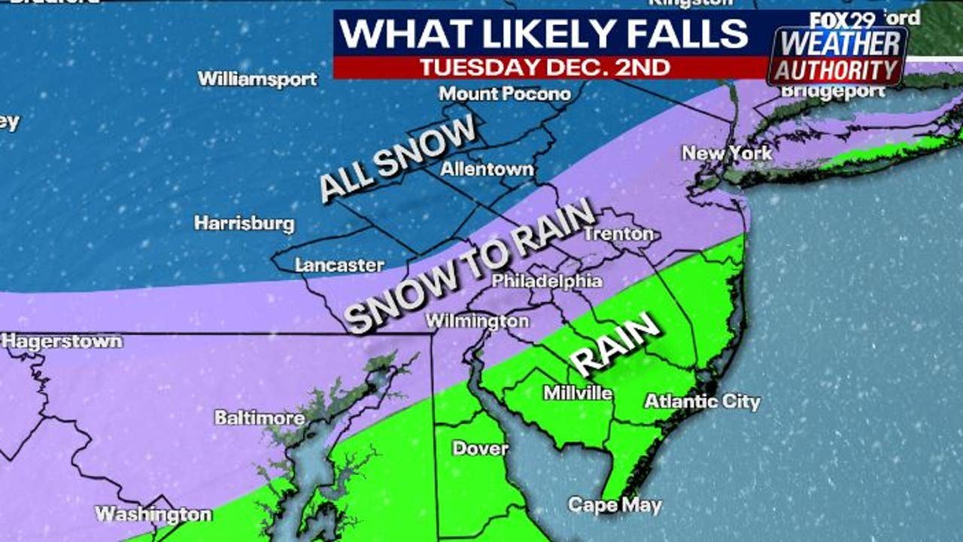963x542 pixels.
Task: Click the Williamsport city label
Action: (x=257, y=79)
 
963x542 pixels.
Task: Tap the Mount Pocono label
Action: (x=505, y=94)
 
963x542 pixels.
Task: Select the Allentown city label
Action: (x=487, y=169)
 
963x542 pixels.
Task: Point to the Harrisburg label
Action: (x=245, y=224)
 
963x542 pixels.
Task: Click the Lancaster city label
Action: (x=339, y=265)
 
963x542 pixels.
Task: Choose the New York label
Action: (x=727, y=154)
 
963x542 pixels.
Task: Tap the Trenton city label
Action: (x=618, y=234)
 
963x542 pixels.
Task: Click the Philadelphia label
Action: (x=547, y=282)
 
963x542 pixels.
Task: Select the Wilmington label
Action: (x=477, y=321)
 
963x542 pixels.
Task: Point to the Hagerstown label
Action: (x=62, y=341)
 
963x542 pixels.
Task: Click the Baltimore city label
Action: (x=260, y=417)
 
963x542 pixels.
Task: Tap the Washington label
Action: (x=153, y=514)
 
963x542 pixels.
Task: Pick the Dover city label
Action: (x=480, y=449)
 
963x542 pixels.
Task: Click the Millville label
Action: (x=578, y=393)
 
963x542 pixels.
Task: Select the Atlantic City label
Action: (x=702, y=401)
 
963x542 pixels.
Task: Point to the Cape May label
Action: (x=615, y=505)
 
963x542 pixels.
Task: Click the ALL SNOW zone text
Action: (x=398, y=159)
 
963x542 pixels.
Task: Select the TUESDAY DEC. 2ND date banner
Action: (x=545, y=67)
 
